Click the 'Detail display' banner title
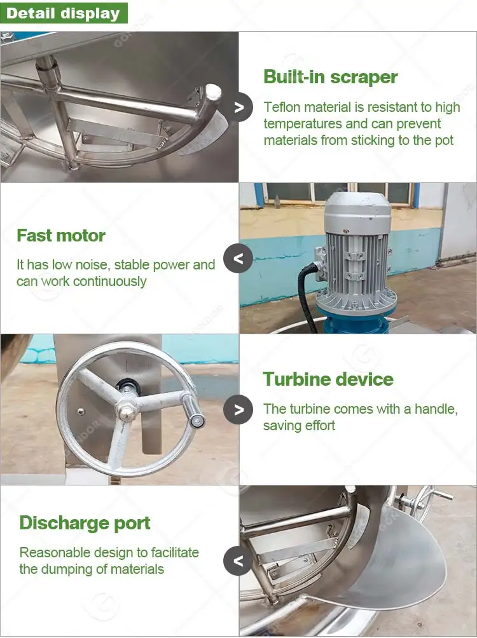click(63, 13)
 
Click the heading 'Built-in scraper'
click(330, 78)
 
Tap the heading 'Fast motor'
click(61, 236)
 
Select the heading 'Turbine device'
click(328, 379)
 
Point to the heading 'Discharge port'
click(85, 523)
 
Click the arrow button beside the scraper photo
click(238, 107)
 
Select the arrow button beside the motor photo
click(238, 259)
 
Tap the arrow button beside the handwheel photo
click(238, 409)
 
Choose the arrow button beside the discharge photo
click(238, 560)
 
